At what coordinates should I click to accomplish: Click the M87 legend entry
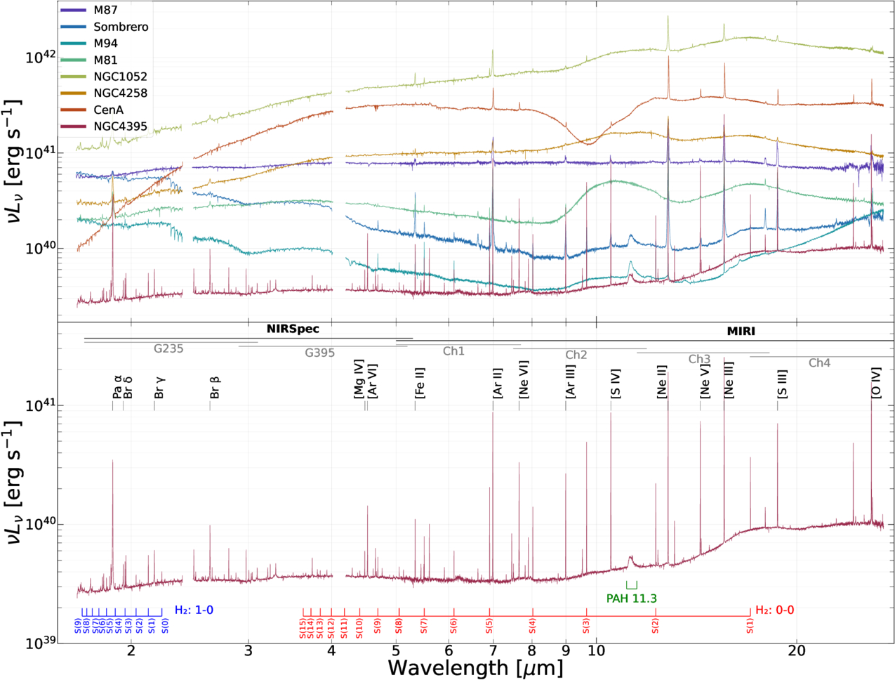(105, 11)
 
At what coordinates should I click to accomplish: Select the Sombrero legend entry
(121, 27)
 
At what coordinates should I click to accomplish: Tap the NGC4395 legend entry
(120, 126)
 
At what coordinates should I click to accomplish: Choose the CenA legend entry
(108, 110)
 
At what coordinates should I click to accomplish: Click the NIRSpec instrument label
(293, 329)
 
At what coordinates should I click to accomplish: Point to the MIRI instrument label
(741, 331)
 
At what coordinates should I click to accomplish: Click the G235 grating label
(168, 348)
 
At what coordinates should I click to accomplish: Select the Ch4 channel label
(819, 363)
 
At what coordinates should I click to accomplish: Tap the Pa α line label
(117, 387)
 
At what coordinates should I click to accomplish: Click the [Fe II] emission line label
(420, 383)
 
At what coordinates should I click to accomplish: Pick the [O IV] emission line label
(875, 384)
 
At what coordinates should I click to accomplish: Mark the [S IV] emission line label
(616, 384)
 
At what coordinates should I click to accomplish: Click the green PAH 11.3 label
(631, 599)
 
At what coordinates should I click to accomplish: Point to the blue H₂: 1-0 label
(194, 610)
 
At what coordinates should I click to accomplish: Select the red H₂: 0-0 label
(774, 610)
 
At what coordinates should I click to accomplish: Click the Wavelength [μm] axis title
(475, 667)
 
